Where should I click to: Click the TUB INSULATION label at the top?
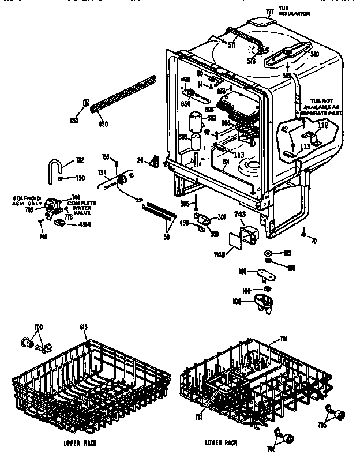(291, 10)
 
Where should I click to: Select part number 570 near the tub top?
(314, 54)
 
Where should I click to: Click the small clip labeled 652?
(86, 104)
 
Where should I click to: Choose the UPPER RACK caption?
(80, 443)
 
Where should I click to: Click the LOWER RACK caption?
(222, 443)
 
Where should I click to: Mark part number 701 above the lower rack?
(283, 339)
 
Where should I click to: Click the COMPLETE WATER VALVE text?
(81, 208)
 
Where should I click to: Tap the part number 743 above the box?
(239, 214)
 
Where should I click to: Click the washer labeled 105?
(269, 254)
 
